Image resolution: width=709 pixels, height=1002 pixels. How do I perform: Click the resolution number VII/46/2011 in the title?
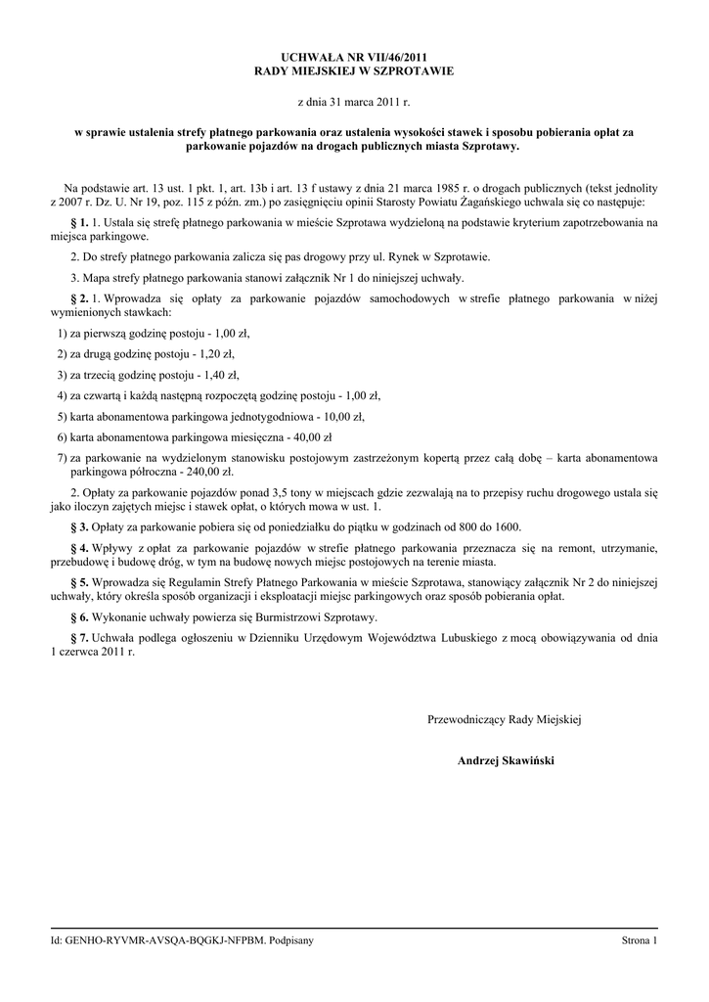tap(394, 59)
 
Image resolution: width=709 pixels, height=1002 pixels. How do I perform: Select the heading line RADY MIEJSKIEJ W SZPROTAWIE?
tap(354, 72)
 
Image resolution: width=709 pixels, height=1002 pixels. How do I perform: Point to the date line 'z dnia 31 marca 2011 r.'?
tap(354, 101)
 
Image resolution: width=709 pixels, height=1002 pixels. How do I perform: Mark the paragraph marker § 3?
tap(79, 526)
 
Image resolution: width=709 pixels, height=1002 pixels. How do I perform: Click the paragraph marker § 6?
tap(79, 617)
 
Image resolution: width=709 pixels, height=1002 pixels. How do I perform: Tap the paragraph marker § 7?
tap(79, 637)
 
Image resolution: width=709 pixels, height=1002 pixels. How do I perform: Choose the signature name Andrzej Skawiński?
tap(505, 759)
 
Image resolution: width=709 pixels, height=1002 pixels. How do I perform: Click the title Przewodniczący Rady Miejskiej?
tap(505, 720)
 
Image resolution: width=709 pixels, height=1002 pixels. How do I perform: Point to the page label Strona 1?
tap(640, 940)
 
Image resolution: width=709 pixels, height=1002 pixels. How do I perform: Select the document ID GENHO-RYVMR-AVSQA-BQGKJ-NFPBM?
tap(164, 940)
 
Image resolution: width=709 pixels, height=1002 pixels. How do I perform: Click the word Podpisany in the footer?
tap(290, 940)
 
